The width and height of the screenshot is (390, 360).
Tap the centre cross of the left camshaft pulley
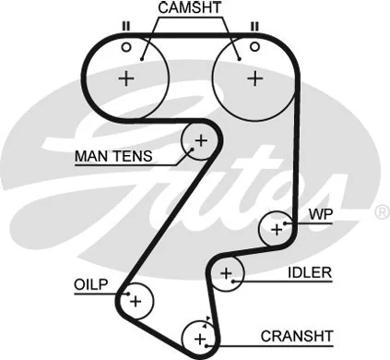126,78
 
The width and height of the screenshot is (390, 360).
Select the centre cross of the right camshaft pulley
252,78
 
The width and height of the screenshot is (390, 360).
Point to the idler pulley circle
226,272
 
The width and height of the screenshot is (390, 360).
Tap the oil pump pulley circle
135,300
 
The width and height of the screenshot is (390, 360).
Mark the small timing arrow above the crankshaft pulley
208,318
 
